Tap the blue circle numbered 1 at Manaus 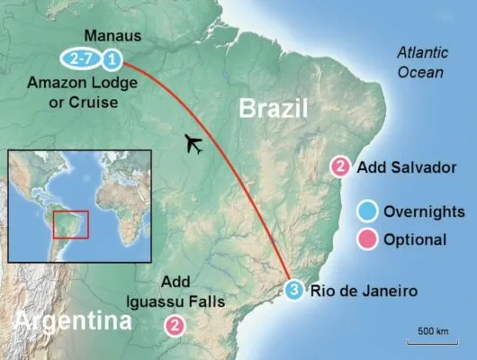tap(112, 60)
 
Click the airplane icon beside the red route tap(192, 144)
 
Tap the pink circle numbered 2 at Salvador tap(340, 167)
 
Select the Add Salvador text tap(397, 167)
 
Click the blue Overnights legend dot tap(366, 212)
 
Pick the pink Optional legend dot tap(366, 239)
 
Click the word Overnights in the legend tap(424, 212)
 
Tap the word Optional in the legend tap(414, 239)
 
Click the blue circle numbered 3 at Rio tap(297, 289)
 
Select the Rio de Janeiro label tap(364, 291)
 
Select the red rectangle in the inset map tap(70, 224)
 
